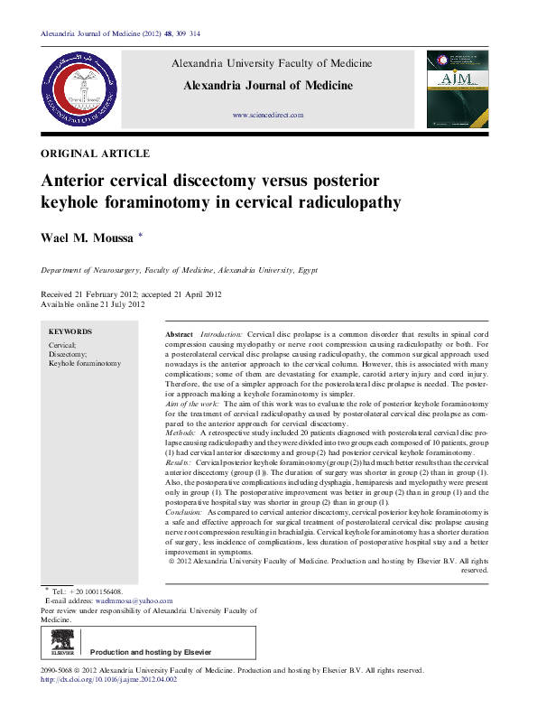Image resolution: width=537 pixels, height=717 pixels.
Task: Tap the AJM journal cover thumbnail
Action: click(458, 88)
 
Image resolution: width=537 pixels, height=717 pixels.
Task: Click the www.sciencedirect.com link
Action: click(268, 116)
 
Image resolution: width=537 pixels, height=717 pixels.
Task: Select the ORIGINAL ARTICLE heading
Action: click(96, 154)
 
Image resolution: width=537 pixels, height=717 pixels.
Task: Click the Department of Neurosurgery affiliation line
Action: click(179, 270)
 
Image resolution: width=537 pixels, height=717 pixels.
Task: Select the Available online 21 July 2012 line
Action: click(93, 304)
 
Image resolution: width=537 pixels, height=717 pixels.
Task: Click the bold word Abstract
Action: click(180, 334)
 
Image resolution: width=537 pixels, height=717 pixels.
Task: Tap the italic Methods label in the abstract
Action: click(182, 434)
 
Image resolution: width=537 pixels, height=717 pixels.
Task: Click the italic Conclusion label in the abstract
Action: click(186, 511)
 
